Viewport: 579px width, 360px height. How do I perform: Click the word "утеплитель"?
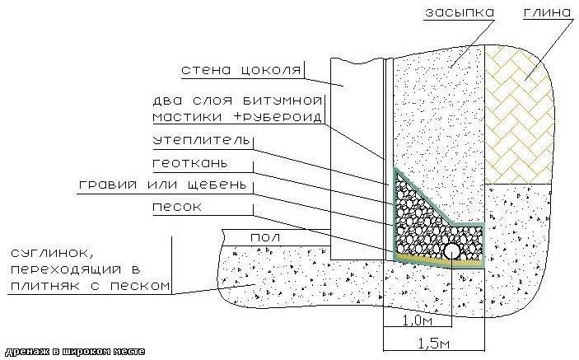pos(200,141)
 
